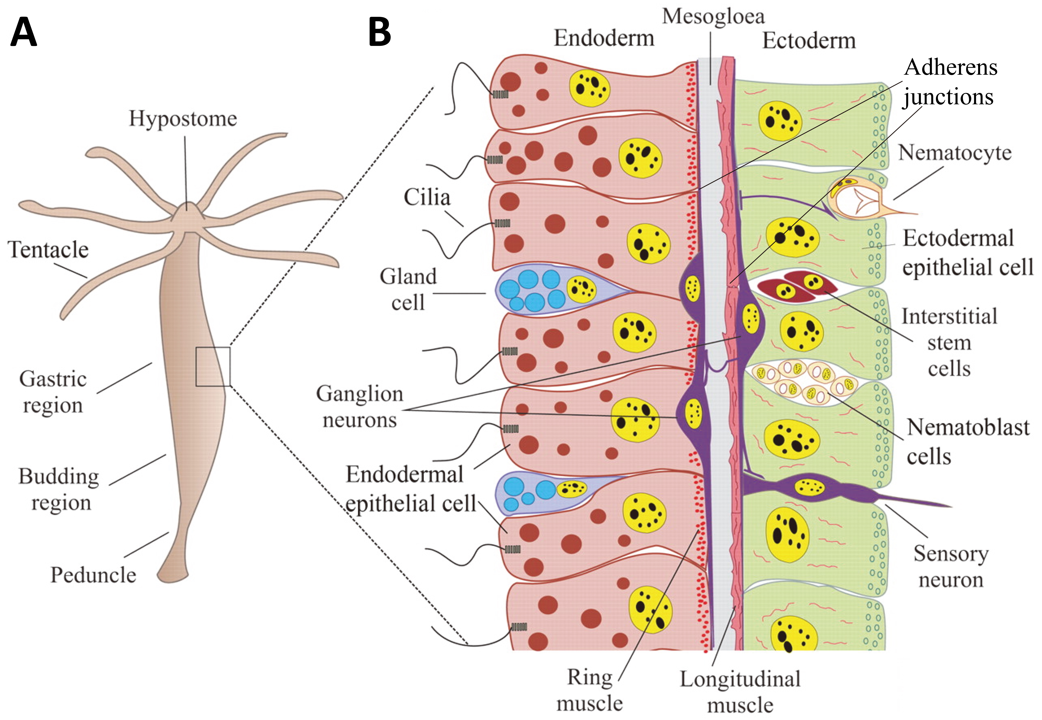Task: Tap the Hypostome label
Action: pyautogui.click(x=183, y=119)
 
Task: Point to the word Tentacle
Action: pyautogui.click(x=48, y=250)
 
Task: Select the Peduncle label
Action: pyautogui.click(x=93, y=575)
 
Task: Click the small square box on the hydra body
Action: pyautogui.click(x=213, y=366)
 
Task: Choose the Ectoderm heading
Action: pyautogui.click(x=809, y=41)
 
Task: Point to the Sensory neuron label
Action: pyautogui.click(x=951, y=567)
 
